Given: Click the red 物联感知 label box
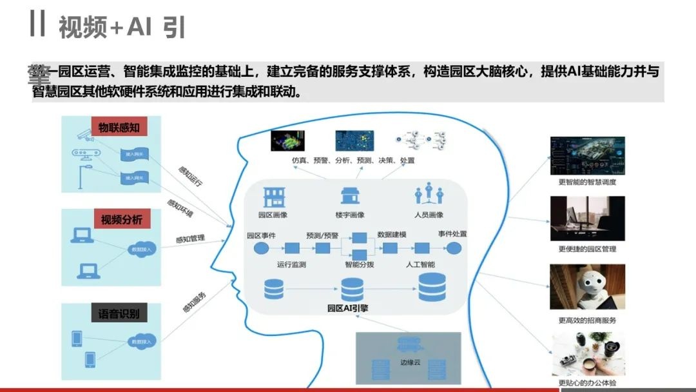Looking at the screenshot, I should (119, 127).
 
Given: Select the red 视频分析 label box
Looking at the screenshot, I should (121, 219).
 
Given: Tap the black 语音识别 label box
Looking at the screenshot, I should (119, 314).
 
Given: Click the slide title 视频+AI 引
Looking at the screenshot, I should (122, 27).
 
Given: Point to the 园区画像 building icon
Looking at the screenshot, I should (273, 197).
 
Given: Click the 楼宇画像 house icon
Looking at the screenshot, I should (351, 195).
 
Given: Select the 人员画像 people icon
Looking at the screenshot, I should (429, 195).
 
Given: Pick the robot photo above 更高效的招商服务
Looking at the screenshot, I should (586, 286).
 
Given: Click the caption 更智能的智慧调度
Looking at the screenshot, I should (587, 182).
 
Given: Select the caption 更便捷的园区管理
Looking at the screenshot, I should (587, 249).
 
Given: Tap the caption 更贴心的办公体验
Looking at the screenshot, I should (587, 383).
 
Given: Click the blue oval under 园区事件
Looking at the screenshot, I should (260, 248).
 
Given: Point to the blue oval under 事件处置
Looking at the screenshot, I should (454, 248).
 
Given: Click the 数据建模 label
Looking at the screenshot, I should (392, 234).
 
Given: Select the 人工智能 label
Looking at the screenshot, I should (420, 264).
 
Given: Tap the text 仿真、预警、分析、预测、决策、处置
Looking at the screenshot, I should (353, 160).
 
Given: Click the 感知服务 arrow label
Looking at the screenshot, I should (194, 302).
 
